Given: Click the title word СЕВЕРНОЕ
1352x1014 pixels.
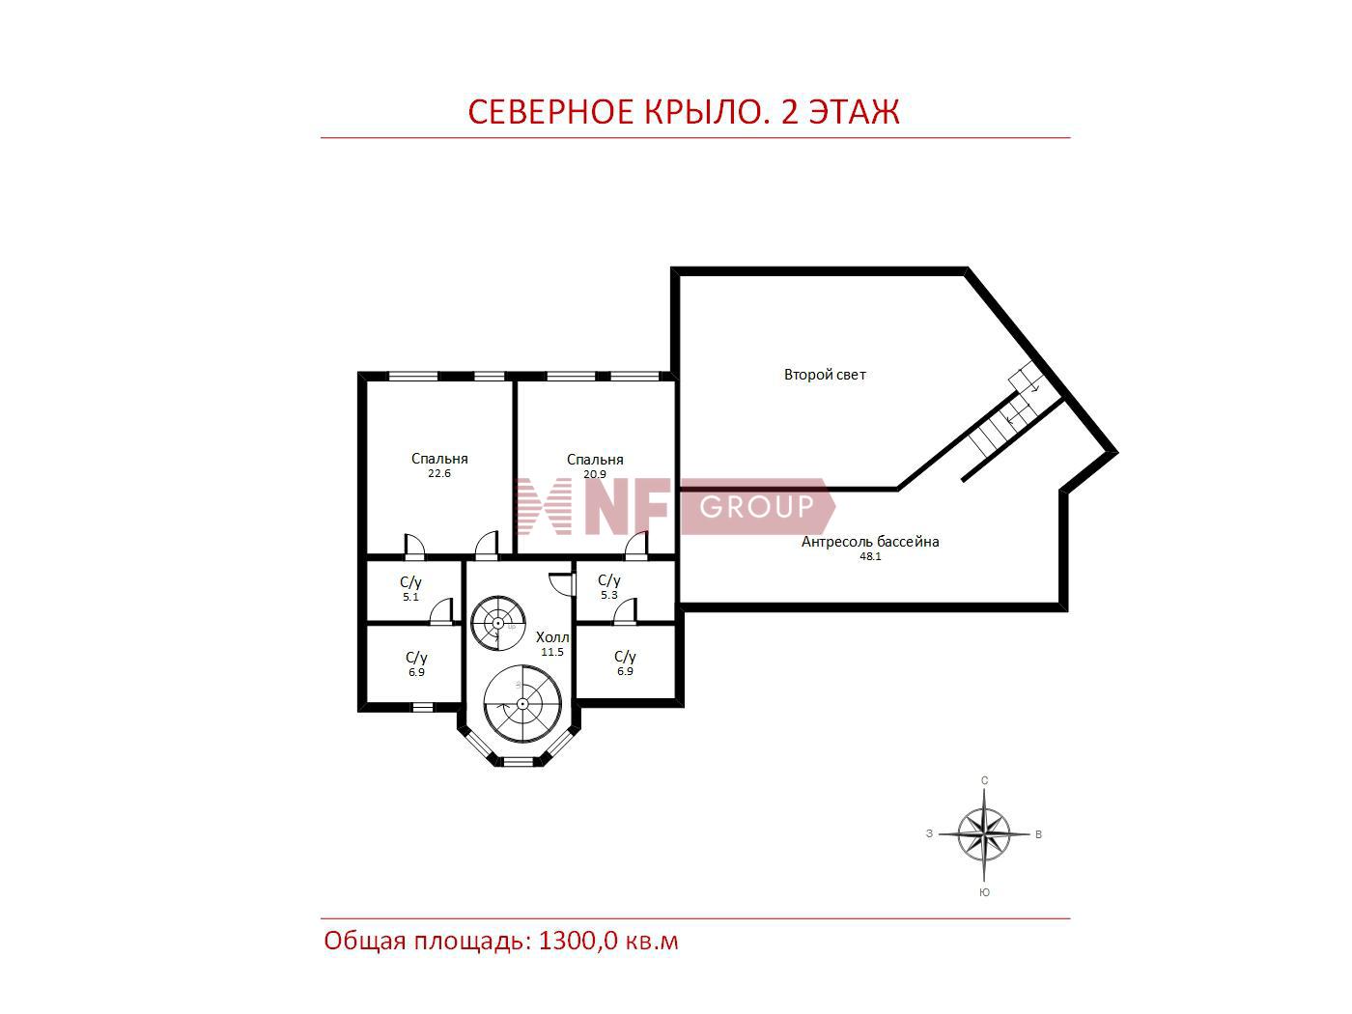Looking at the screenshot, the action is pyautogui.click(x=550, y=111).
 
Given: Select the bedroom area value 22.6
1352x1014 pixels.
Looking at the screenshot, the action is pyautogui.click(x=439, y=473).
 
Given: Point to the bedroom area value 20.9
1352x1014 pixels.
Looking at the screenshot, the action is pyautogui.click(x=594, y=474).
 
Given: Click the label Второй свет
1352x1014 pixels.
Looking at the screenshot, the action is pyautogui.click(x=825, y=375).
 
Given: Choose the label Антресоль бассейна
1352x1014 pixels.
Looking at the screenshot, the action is pyautogui.click(x=870, y=542).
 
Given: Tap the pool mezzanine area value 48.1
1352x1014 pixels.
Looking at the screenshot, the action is pyautogui.click(x=870, y=556).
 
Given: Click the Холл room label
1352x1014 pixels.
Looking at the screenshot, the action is pyautogui.click(x=551, y=637).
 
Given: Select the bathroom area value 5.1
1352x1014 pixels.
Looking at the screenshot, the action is pyautogui.click(x=410, y=597).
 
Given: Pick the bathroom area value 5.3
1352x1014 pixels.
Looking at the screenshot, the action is pyautogui.click(x=608, y=595).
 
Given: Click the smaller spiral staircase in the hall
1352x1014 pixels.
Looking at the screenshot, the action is pyautogui.click(x=497, y=623).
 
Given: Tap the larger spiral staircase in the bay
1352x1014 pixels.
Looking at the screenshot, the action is pyautogui.click(x=522, y=704).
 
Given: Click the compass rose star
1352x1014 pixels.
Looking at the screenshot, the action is pyautogui.click(x=984, y=834).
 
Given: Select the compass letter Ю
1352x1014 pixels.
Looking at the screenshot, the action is pyautogui.click(x=984, y=892).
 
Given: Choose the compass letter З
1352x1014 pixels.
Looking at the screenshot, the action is pyautogui.click(x=929, y=833).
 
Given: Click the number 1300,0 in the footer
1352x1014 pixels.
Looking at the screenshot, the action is pyautogui.click(x=577, y=941).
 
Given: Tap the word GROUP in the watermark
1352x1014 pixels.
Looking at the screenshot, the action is pyautogui.click(x=757, y=507).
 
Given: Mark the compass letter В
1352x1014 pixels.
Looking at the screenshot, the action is pyautogui.click(x=1038, y=834).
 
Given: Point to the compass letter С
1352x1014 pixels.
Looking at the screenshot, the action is pyautogui.click(x=984, y=780).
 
